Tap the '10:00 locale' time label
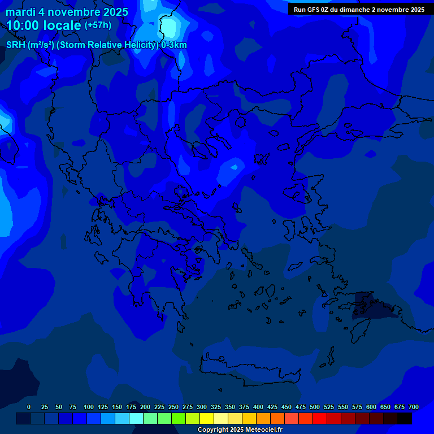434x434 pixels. tap(44, 25)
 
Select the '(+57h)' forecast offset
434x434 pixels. tap(98, 25)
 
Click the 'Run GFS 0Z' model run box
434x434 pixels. tap(359, 10)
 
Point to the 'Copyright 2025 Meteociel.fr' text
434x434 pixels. tap(240, 429)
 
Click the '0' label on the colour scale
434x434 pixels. tap(29, 407)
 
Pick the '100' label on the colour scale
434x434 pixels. tap(89, 407)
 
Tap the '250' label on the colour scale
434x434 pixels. tap(173, 407)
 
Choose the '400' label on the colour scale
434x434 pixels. tap(258, 407)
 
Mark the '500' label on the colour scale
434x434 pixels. tap(315, 407)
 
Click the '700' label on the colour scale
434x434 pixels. tap(413, 407)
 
